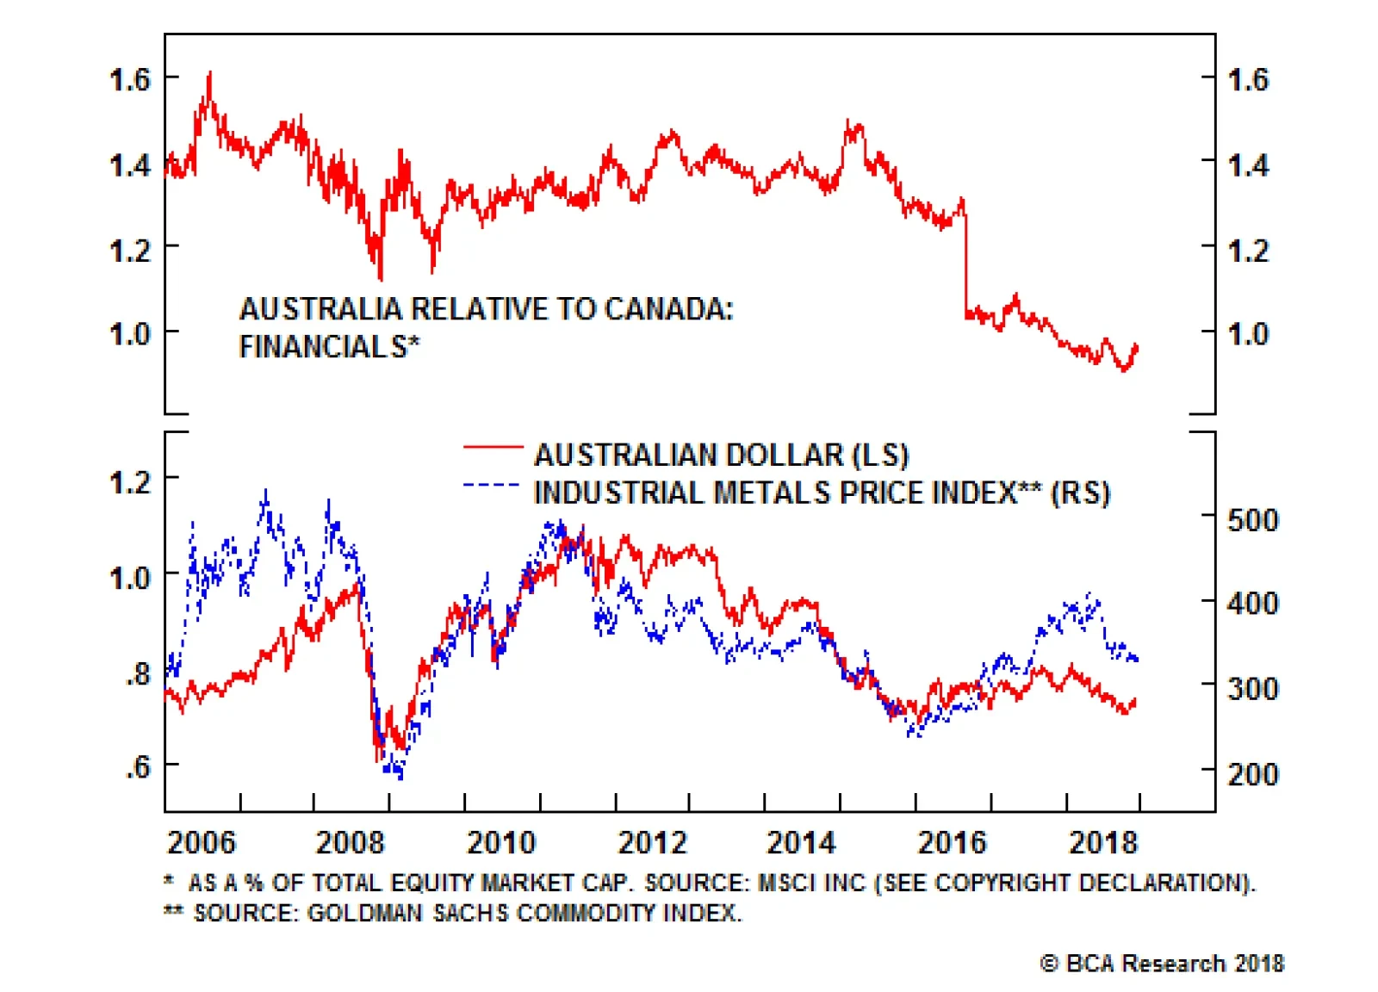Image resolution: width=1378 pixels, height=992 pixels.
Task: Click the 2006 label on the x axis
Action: pos(201,841)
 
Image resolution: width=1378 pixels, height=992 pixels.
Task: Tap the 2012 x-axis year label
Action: pos(652,841)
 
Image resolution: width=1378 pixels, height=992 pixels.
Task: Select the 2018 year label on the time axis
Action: pos(1102,841)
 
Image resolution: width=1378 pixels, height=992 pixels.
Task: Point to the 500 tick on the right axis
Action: pos(1252,520)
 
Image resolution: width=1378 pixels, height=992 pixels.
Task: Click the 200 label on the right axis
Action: pos(1252,773)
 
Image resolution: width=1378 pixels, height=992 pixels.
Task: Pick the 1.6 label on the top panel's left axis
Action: pos(129,80)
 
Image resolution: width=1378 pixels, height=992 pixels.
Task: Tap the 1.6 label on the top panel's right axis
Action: pos(1248,80)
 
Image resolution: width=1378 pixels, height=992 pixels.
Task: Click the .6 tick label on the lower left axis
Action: pos(138,766)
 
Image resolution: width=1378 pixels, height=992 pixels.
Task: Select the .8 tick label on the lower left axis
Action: pos(138,674)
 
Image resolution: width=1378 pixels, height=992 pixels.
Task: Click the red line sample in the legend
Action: pos(493,447)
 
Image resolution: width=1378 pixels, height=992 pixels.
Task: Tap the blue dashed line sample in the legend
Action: pos(491,486)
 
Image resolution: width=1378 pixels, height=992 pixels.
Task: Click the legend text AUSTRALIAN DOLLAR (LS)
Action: pos(721,455)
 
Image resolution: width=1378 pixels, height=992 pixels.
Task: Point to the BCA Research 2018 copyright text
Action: pos(1162,963)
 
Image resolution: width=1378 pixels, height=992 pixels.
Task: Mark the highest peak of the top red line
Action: pos(209,75)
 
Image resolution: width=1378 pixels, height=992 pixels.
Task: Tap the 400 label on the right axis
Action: pos(1252,603)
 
